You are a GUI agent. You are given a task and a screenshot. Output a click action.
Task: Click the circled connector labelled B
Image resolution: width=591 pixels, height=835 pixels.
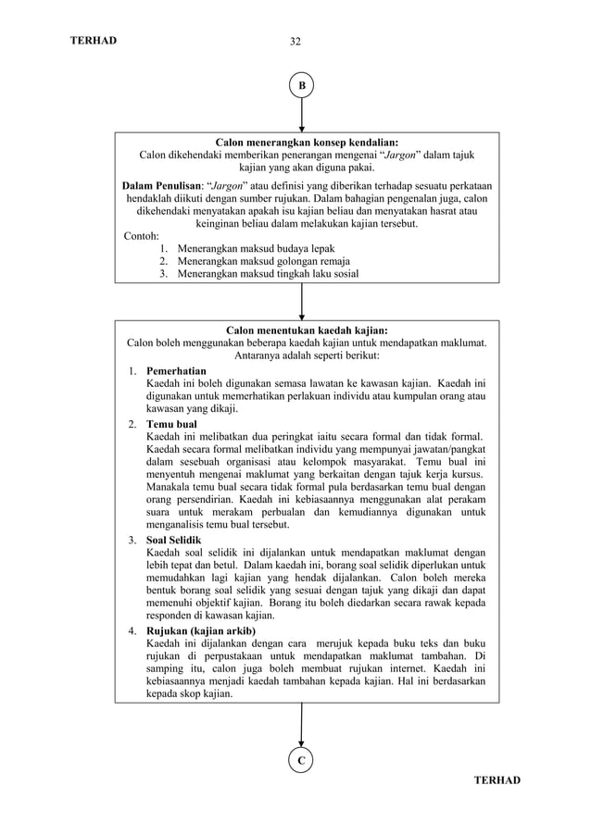click(x=301, y=86)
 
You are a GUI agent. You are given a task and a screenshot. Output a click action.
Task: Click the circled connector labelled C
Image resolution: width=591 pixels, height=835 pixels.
click(x=301, y=760)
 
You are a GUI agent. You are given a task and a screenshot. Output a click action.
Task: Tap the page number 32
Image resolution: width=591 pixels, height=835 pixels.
click(x=295, y=41)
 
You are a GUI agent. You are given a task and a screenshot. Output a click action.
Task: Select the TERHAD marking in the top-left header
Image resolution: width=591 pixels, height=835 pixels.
click(x=94, y=41)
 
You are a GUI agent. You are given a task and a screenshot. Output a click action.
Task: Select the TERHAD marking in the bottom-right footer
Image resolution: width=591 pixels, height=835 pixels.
click(x=497, y=780)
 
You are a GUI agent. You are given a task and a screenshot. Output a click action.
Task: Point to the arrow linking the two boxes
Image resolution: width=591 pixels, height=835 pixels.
click(x=301, y=301)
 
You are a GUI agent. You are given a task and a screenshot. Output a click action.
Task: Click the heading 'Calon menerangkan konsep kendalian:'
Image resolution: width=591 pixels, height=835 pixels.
click(x=307, y=143)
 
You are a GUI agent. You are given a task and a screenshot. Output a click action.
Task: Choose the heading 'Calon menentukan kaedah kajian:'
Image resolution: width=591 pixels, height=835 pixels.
click(x=307, y=330)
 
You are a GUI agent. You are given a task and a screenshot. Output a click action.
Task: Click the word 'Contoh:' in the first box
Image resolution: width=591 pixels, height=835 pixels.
click(x=142, y=236)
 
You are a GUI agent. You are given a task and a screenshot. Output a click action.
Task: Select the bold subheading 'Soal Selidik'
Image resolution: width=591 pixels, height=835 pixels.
click(x=173, y=540)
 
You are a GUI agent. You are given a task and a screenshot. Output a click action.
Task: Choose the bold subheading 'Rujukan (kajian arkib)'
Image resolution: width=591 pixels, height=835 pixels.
click(x=201, y=630)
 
